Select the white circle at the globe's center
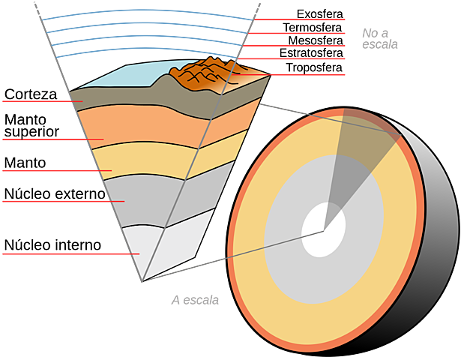click(x=324, y=229)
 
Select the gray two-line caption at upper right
click(x=379, y=37)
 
